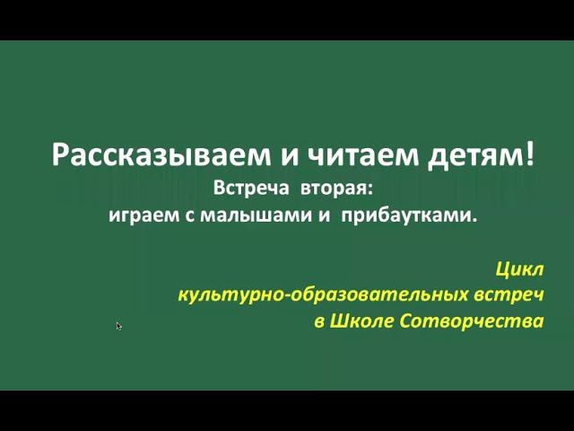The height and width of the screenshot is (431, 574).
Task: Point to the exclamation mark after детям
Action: (529, 153)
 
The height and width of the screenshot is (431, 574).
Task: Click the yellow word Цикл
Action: (518, 268)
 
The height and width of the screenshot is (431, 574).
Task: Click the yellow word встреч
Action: (512, 295)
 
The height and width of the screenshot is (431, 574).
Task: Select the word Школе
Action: (361, 321)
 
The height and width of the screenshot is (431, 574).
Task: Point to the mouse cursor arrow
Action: (118, 326)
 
